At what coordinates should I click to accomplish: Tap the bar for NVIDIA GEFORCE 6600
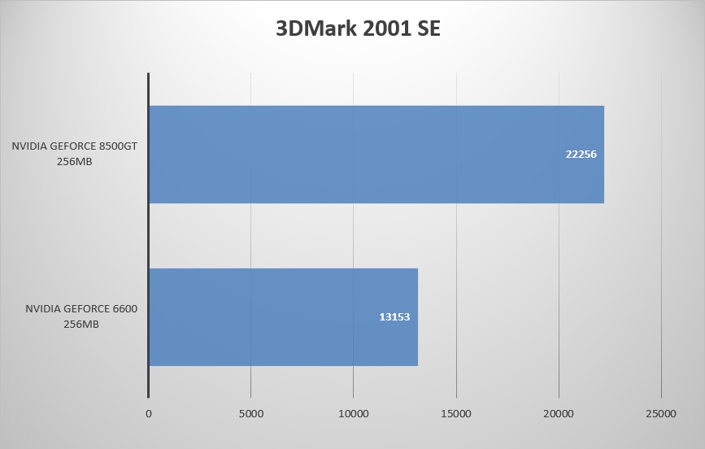click(x=283, y=316)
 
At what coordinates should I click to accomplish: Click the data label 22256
click(x=581, y=154)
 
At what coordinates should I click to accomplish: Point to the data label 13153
click(x=394, y=316)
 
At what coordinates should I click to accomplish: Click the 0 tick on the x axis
click(x=149, y=414)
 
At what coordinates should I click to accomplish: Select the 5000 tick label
click(x=251, y=414)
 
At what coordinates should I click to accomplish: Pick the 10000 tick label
click(x=354, y=414)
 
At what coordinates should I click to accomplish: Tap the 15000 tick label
click(x=456, y=414)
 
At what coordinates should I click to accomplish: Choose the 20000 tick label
click(x=559, y=414)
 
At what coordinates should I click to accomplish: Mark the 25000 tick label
click(x=660, y=414)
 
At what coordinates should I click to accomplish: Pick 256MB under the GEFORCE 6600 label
click(x=81, y=324)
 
